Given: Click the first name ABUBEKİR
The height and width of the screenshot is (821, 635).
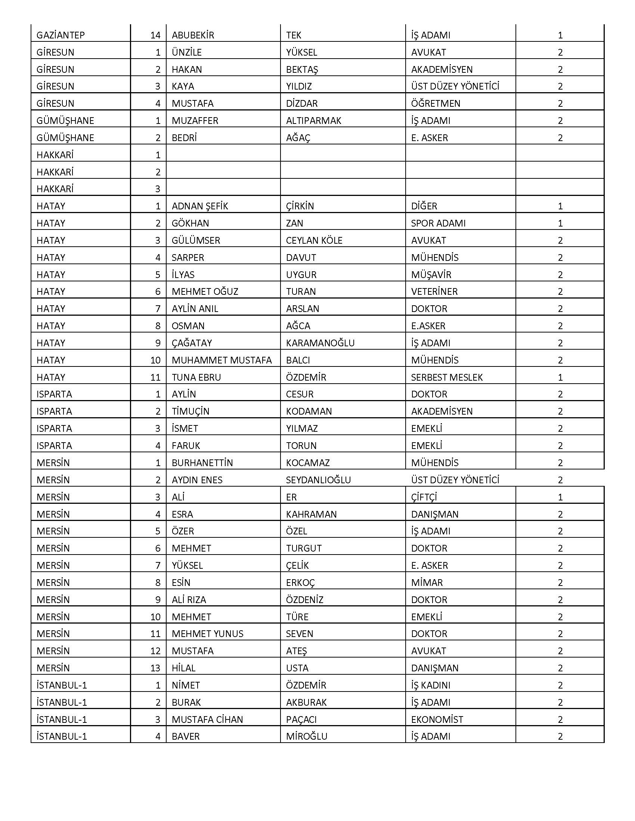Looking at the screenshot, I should (x=193, y=35).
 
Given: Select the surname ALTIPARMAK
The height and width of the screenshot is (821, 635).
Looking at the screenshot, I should (x=313, y=121).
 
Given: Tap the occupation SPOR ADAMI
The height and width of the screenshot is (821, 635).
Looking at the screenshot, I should (x=438, y=223).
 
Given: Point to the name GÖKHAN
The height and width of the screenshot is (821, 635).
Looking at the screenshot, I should (x=190, y=223).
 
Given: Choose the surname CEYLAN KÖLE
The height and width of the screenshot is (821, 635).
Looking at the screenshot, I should (x=314, y=241).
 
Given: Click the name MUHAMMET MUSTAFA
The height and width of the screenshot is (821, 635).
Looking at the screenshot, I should (x=222, y=360).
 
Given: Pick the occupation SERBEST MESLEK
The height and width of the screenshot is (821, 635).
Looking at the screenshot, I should (x=446, y=377).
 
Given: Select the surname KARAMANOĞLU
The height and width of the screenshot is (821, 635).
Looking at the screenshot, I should (x=320, y=343).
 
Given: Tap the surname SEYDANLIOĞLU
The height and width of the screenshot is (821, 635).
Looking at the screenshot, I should (x=318, y=480).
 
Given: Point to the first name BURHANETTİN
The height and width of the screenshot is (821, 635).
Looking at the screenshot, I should (x=202, y=463).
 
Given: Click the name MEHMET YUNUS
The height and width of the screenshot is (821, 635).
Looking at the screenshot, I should (x=207, y=634).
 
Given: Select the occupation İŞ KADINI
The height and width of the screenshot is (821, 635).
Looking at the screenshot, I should (x=430, y=685).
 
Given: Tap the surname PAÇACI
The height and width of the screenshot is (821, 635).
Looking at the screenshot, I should (x=301, y=719).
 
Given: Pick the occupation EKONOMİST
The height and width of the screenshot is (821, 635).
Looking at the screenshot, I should (x=437, y=719).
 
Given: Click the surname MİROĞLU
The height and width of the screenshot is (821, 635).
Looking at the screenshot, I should (x=307, y=736).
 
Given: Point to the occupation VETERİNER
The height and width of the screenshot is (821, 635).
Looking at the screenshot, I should (x=434, y=292).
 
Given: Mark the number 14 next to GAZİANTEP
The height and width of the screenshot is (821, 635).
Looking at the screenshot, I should (x=155, y=35).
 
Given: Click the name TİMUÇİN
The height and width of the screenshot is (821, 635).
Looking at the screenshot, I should (x=190, y=412).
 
